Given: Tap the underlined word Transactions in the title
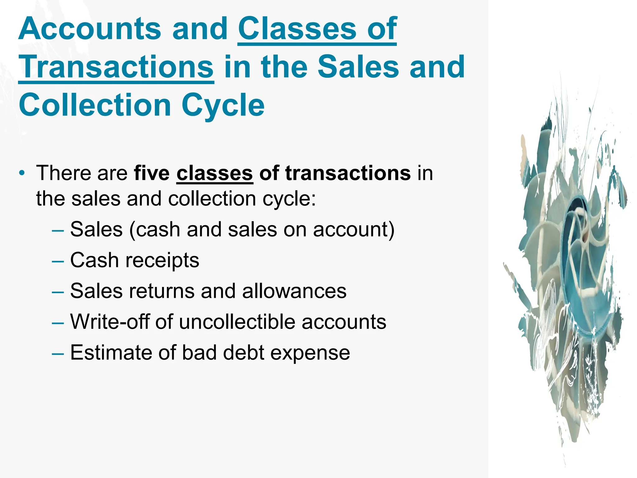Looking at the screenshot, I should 116,67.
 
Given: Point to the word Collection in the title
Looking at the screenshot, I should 95,105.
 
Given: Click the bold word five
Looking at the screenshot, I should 151,173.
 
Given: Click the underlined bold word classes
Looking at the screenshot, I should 215,173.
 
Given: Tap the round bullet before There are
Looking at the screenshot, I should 21,173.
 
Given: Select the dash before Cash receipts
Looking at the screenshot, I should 58,260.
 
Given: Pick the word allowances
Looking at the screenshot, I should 294,291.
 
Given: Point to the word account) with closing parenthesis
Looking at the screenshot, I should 354,230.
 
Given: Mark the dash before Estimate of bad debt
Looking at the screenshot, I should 58,353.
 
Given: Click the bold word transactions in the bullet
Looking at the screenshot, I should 348,173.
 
